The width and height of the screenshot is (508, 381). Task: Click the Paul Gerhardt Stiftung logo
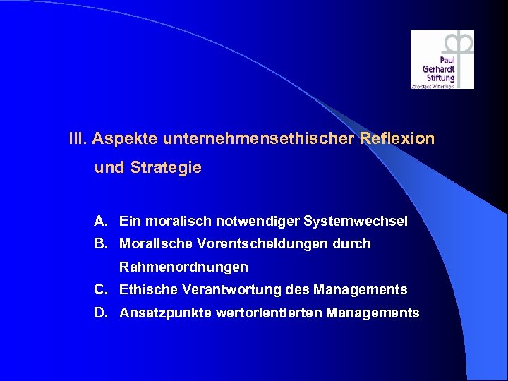click(x=442, y=59)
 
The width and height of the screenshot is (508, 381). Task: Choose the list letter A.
click(x=102, y=222)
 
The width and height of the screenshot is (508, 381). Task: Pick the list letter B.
click(x=102, y=244)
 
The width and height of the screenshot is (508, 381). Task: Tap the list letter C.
click(x=102, y=289)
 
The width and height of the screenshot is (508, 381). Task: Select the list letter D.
click(x=102, y=313)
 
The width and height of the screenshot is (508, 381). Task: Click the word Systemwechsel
click(x=356, y=222)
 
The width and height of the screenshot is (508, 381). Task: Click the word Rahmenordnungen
click(x=183, y=267)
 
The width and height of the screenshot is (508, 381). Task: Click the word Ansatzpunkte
click(x=159, y=313)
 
